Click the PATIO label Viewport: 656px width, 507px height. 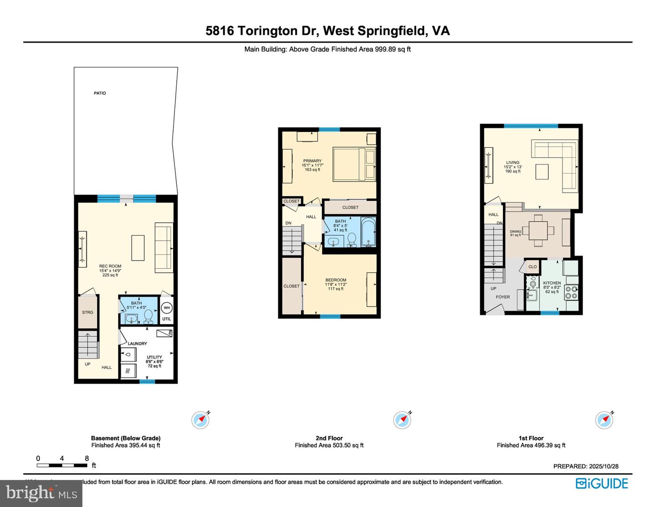[100, 93]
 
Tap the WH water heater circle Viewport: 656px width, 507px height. [167, 308]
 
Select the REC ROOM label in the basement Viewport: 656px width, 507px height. [110, 266]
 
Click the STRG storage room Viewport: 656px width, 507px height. [87, 312]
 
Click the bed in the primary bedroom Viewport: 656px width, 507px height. [354, 164]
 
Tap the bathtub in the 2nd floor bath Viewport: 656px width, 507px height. [368, 232]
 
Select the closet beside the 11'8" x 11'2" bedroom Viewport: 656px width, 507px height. [292, 286]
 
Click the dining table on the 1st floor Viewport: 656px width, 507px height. [538, 230]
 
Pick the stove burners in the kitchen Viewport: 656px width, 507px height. [571, 292]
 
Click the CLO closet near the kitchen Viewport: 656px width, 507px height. [533, 266]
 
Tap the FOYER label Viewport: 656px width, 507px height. [503, 297]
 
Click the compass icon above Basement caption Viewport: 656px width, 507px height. [200, 420]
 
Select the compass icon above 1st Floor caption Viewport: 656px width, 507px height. [604, 420]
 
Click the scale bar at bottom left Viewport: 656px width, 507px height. [62, 465]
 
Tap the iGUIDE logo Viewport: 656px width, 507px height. [602, 483]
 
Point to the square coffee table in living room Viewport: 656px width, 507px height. [542, 172]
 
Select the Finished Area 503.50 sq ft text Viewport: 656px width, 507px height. [329, 445]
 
